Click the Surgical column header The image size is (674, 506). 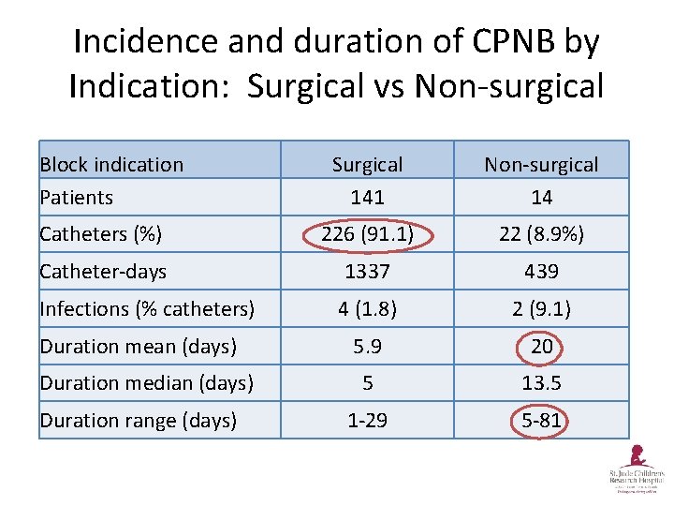(367, 165)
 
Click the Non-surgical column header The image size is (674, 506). (541, 165)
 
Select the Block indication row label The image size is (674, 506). (111, 165)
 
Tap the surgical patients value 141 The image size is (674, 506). (367, 197)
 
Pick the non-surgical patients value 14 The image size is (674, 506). (541, 197)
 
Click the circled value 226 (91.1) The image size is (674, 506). (367, 234)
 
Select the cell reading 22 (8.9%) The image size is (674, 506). (541, 234)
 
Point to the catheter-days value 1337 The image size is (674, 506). (367, 272)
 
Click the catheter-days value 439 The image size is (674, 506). (541, 272)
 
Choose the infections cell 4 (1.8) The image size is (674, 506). (367, 308)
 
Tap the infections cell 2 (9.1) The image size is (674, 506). (541, 308)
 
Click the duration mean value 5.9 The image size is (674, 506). (367, 346)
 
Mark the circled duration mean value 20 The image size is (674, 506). (541, 346)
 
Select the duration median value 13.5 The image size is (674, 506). (541, 382)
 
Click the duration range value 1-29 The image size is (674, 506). (367, 420)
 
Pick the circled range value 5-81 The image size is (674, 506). (541, 420)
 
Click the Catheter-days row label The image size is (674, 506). (103, 272)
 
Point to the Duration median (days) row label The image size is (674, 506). (146, 382)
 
